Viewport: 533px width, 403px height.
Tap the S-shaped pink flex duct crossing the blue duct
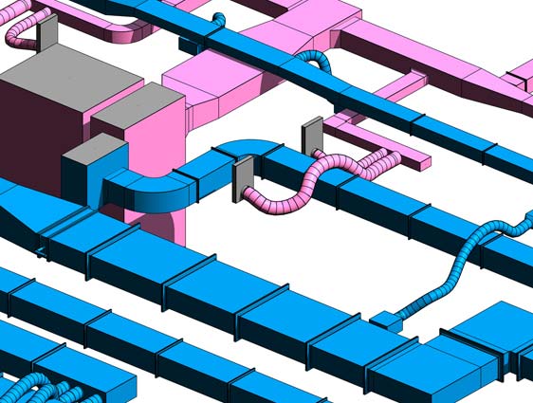pyautogui.click(x=313, y=180)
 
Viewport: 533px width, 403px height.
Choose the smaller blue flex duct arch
pyautogui.click(x=219, y=18)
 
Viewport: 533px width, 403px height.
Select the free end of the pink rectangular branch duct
pyautogui.click(x=414, y=162)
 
